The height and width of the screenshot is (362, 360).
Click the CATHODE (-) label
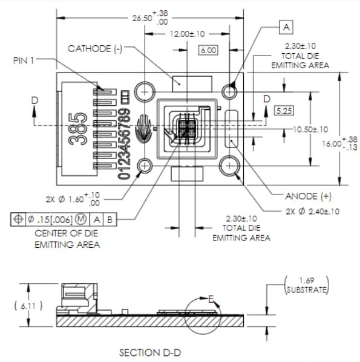click(95, 48)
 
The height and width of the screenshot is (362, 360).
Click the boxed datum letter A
click(286, 27)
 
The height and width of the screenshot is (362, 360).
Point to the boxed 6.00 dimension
click(208, 50)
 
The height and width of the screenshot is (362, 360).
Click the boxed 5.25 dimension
click(283, 111)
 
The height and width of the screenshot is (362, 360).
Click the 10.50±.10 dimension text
click(310, 129)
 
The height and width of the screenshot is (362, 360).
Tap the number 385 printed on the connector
click(76, 128)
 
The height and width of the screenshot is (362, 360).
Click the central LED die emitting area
click(186, 128)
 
